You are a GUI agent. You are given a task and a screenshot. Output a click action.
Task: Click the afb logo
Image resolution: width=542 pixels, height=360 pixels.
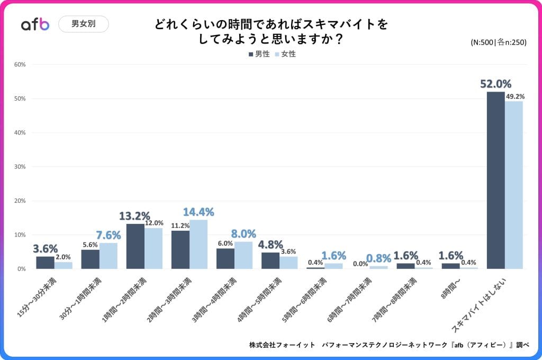(35, 24)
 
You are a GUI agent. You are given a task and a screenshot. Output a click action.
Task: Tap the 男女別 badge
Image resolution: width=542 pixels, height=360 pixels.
(84, 24)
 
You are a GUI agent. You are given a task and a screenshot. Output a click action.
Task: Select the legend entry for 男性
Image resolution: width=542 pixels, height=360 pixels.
(259, 54)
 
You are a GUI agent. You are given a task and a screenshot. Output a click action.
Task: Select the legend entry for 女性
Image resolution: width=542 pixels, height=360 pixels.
(285, 54)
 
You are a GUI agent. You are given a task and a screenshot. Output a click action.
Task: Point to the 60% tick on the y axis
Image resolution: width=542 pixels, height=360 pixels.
(20, 65)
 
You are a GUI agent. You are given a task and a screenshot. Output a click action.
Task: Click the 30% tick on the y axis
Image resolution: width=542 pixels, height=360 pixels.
(20, 167)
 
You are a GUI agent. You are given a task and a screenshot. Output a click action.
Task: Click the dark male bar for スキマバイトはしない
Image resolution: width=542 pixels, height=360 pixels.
(495, 181)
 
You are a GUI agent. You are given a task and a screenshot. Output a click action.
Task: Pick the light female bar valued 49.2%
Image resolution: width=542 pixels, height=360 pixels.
(514, 185)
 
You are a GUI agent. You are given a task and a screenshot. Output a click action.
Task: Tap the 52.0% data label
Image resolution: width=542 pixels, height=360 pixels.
(495, 84)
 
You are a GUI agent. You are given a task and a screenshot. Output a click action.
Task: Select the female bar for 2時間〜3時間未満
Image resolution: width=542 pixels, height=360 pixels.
(198, 244)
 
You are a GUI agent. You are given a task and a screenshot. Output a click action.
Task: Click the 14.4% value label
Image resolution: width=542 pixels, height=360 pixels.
(198, 212)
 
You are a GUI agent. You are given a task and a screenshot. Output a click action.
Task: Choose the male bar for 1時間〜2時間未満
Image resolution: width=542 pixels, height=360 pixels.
(135, 246)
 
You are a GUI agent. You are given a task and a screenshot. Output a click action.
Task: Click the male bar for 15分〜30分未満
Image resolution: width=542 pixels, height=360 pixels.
(45, 263)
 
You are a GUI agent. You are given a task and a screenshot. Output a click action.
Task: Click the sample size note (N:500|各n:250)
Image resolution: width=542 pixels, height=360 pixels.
(498, 43)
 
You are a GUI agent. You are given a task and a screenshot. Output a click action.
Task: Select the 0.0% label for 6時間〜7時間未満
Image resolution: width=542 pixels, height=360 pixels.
(360, 263)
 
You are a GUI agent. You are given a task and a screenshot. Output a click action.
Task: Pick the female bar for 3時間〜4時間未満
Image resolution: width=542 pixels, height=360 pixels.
(243, 255)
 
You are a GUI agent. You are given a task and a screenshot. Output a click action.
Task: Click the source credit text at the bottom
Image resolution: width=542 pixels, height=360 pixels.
(389, 345)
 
